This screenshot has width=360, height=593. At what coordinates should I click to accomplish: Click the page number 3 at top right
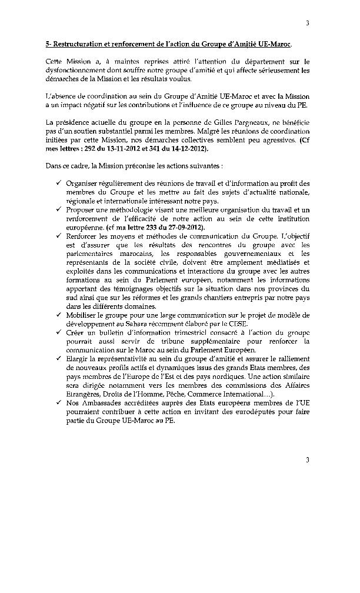[x=307, y=23]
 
